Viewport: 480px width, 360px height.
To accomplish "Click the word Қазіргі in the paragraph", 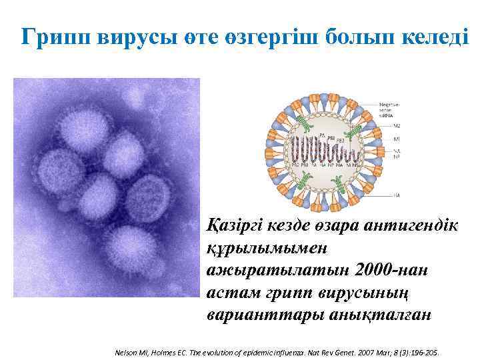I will (238, 225).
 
